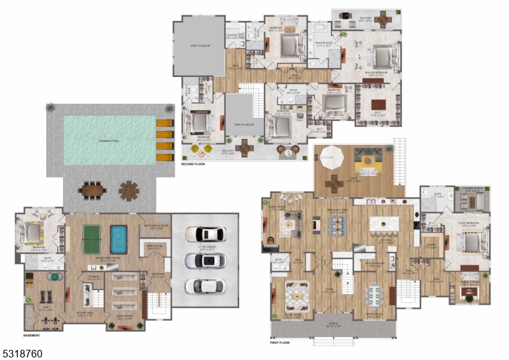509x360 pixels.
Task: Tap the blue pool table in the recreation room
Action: [x=119, y=239]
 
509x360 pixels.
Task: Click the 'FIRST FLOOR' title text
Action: [x=280, y=343]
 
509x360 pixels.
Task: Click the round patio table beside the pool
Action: [x=129, y=190]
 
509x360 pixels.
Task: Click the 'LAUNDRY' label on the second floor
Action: [x=232, y=35]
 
